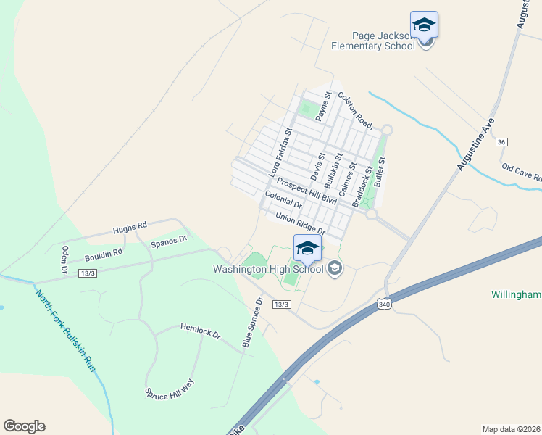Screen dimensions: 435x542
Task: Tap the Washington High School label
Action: (x=267, y=269)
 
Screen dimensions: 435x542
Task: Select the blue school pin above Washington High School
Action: (x=307, y=248)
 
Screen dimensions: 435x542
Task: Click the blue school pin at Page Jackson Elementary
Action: (x=424, y=25)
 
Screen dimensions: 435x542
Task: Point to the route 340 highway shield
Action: (x=384, y=305)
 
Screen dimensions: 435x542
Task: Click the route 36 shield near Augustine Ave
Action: (x=501, y=142)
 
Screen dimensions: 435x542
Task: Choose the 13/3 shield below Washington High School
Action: (x=282, y=304)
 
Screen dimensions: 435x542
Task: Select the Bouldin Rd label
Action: (x=103, y=254)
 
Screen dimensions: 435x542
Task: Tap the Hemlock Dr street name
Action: (x=199, y=331)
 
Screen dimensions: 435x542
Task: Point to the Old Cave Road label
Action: (x=522, y=173)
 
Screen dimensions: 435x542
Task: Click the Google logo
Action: (x=24, y=426)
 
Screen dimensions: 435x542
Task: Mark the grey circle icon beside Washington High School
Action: (x=334, y=269)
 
